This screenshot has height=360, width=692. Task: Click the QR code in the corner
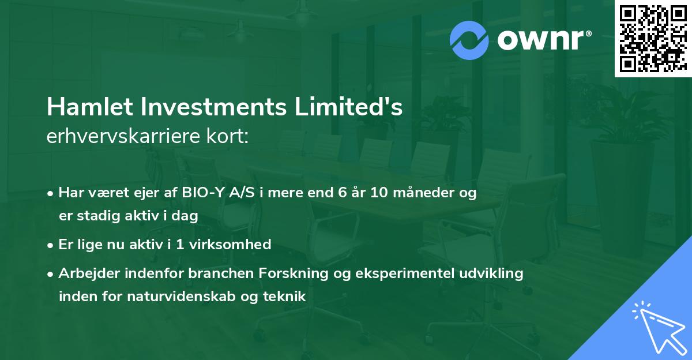pos(653,38)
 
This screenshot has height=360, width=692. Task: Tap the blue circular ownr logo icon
pos(469,40)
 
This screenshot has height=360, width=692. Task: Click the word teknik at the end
pos(285,297)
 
